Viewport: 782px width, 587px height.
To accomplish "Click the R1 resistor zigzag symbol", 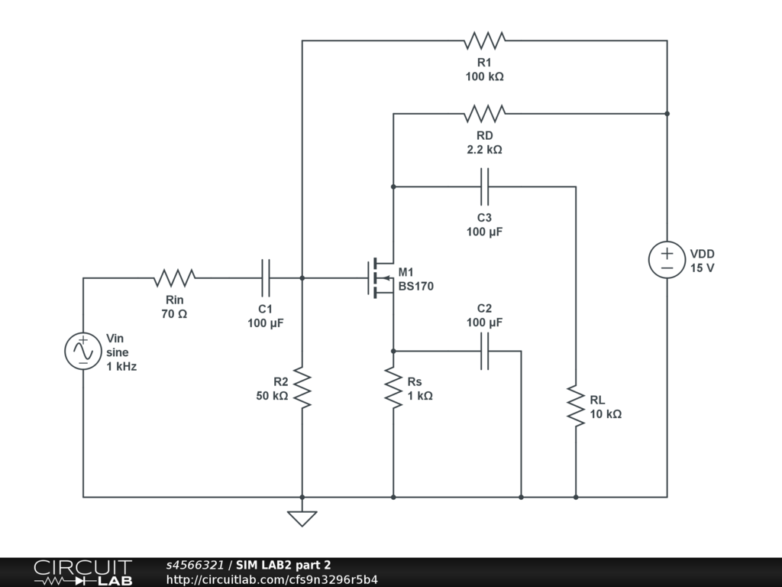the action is (484, 41).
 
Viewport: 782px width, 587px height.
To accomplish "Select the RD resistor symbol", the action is (484, 114).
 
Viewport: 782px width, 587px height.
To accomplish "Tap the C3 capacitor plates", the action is (484, 186).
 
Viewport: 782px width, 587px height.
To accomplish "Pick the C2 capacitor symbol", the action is (484, 352).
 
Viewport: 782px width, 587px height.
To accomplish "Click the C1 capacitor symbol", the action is (265, 278).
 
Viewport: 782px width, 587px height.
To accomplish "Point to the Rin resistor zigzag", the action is (175, 278).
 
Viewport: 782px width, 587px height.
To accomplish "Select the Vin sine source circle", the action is (83, 352).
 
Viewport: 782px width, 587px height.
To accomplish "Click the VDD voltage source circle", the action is (667, 260).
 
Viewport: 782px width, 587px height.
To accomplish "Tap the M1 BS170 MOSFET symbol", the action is (381, 278).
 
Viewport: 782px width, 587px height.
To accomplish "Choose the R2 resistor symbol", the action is (302, 388).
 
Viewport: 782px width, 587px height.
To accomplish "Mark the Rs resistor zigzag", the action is (393, 388).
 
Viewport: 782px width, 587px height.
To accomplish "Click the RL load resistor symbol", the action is (576, 406).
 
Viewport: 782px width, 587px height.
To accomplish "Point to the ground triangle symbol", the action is (302, 519).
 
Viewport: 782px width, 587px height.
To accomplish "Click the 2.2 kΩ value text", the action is (484, 150).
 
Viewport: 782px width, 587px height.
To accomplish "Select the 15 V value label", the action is (703, 268).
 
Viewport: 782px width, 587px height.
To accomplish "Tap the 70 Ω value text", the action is (175, 314).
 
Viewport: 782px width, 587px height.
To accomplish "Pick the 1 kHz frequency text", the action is (121, 366).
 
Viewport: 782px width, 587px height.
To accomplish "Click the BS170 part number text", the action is (416, 287).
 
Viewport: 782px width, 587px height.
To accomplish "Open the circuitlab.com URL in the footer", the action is (272, 579).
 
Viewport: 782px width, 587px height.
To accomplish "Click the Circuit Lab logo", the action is (83, 572).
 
